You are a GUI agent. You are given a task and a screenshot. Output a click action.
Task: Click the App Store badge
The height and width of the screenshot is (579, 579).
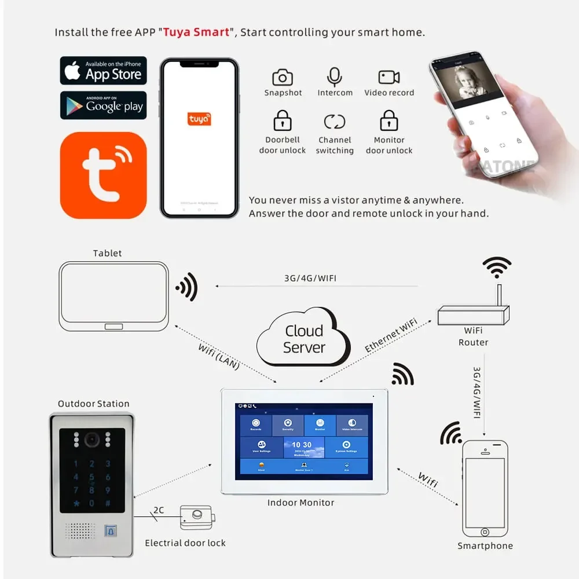tap(103, 71)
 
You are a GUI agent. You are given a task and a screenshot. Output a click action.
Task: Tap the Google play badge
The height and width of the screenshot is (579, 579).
tap(103, 105)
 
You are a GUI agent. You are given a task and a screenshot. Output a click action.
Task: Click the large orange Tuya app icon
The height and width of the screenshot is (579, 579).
tap(103, 175)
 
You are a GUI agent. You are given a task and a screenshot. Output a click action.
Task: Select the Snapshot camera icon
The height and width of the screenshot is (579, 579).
tap(283, 77)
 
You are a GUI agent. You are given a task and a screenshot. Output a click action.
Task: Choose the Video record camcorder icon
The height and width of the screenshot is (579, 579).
tap(389, 77)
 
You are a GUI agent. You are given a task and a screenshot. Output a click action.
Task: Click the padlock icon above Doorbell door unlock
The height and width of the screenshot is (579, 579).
tap(283, 121)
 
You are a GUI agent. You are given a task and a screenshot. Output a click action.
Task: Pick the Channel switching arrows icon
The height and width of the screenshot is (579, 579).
tap(335, 122)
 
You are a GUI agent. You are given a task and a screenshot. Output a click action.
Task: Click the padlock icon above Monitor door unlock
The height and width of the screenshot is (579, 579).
tap(389, 121)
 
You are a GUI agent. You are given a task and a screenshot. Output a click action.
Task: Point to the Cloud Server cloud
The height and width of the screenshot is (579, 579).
tap(303, 339)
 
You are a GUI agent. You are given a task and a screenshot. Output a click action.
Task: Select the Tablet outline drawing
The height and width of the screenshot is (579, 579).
tap(113, 296)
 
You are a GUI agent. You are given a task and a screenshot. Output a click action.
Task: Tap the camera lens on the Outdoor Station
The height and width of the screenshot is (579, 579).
tap(92, 440)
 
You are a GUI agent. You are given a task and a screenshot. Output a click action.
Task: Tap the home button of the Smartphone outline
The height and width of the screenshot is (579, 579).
tap(485, 532)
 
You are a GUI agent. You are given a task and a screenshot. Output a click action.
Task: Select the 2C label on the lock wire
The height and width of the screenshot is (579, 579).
tap(158, 510)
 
